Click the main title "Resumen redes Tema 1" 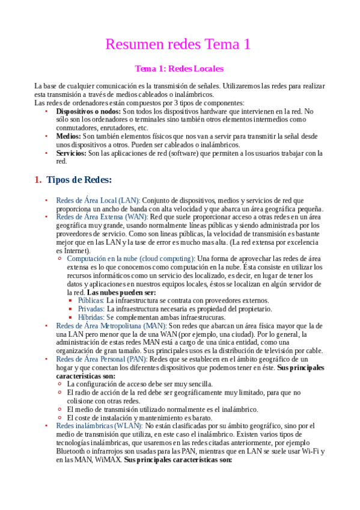point(178,44)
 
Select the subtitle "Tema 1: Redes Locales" point(179,69)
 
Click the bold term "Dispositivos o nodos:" point(88,111)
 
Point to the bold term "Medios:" point(69,137)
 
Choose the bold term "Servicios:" point(72,153)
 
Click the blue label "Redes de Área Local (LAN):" point(98,200)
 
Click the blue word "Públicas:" point(91,300)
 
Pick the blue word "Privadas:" point(91,309)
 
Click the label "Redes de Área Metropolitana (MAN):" point(111,325)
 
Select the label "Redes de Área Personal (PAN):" point(102,359)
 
